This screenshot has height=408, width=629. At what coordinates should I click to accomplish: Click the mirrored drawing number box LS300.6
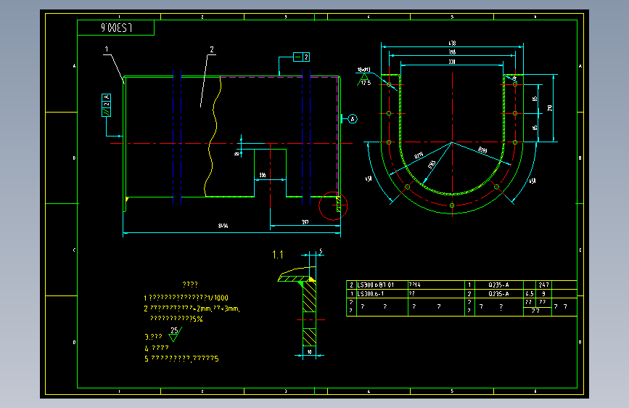(x=116, y=28)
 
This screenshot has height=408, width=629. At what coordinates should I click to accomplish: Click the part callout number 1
(x=106, y=49)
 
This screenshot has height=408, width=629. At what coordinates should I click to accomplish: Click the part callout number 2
(x=212, y=49)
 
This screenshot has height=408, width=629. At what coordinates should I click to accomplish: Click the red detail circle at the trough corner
(x=334, y=205)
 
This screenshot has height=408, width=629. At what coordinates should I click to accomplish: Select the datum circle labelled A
(x=353, y=118)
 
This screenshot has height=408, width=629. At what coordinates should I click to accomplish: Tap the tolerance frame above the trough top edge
(x=301, y=57)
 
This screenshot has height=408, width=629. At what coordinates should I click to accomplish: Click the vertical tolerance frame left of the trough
(x=107, y=105)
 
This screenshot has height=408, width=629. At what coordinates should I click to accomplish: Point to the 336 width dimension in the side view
(x=262, y=176)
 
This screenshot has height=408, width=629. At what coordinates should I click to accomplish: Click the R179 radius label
(x=419, y=155)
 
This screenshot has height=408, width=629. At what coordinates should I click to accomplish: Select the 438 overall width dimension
(x=451, y=44)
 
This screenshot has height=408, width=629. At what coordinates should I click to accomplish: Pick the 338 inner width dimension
(x=451, y=62)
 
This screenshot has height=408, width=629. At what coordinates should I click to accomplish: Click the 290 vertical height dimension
(x=550, y=107)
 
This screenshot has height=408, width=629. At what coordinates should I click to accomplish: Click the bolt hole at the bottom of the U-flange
(x=451, y=205)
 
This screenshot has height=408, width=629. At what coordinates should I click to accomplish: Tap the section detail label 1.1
(x=278, y=255)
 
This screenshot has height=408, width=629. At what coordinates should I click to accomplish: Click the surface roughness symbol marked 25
(x=174, y=334)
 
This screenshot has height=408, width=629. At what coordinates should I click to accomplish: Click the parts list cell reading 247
(x=543, y=285)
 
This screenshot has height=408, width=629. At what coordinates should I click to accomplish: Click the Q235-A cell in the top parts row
(x=498, y=285)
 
